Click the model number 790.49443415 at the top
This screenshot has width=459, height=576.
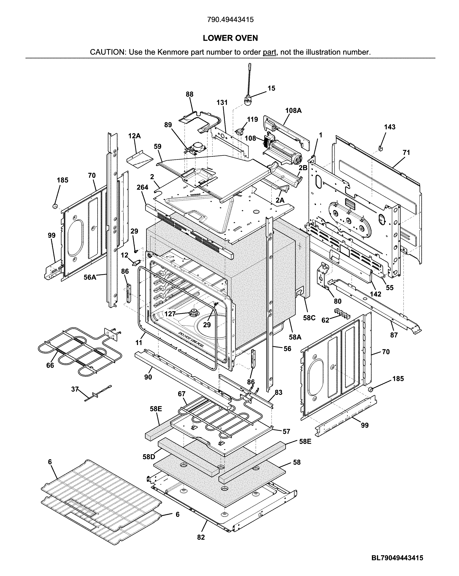230,20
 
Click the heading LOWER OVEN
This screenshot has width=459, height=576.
230,38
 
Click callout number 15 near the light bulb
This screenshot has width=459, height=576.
271,88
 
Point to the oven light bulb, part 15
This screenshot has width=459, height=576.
248,101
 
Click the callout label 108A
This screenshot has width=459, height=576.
293,110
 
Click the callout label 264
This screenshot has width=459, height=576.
142,188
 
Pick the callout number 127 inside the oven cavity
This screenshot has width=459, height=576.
170,314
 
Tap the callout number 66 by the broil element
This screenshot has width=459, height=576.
50,365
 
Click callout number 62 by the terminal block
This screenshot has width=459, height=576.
325,320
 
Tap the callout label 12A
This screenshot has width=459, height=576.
134,136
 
